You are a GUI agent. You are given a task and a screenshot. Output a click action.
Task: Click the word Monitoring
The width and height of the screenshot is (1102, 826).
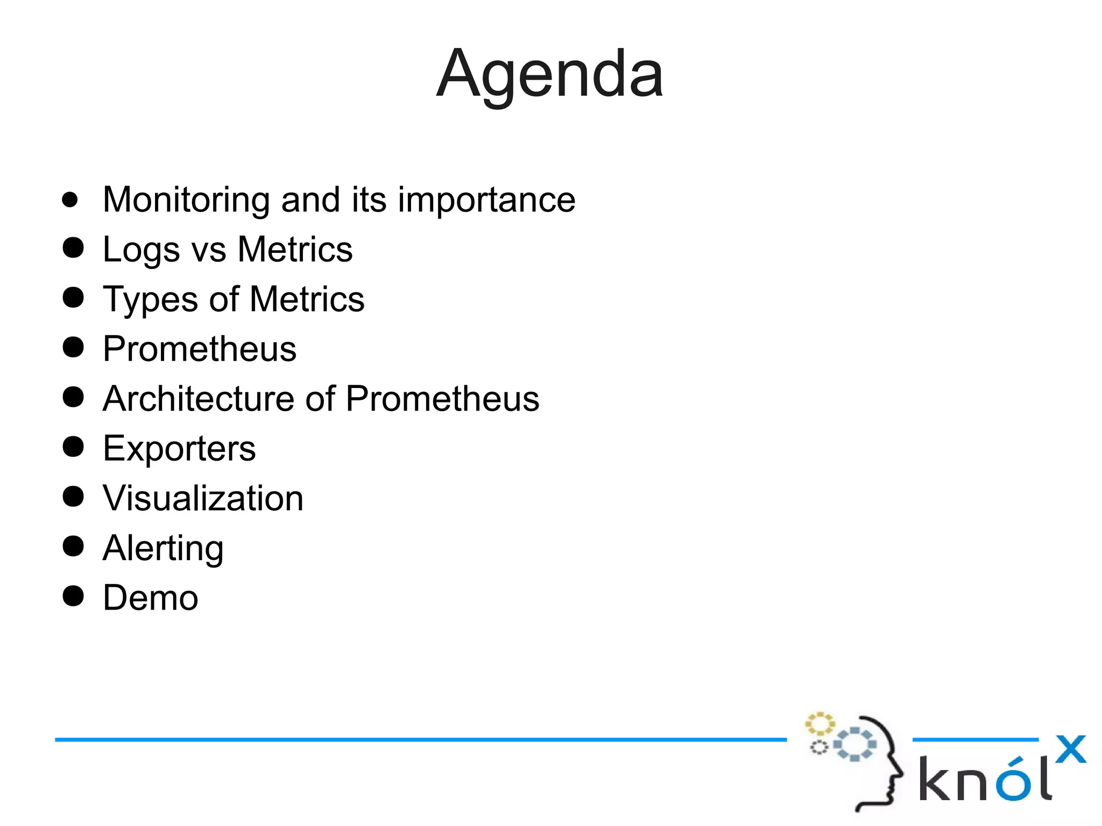[186, 200]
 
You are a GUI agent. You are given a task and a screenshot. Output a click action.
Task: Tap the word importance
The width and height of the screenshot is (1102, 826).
[486, 200]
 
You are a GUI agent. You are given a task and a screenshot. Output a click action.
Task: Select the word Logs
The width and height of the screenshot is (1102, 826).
[141, 250]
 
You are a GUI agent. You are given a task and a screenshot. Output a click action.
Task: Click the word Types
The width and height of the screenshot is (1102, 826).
[150, 300]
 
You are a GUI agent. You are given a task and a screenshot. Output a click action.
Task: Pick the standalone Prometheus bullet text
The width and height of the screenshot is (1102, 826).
[199, 349]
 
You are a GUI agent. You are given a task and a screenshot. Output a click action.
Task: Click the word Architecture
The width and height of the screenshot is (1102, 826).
[198, 399]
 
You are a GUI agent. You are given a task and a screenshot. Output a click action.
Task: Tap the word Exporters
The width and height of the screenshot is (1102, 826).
[179, 449]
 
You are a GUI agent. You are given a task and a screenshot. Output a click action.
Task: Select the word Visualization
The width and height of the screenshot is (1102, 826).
[203, 498]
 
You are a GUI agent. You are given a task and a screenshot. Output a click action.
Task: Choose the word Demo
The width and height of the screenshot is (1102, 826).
[151, 598]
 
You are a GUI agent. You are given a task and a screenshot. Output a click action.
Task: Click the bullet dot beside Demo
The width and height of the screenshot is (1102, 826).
[73, 596]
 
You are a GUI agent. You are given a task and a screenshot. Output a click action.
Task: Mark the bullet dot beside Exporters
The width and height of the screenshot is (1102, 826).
[73, 447]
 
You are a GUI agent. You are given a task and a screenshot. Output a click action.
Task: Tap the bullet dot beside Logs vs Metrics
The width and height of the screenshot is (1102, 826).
[73, 248]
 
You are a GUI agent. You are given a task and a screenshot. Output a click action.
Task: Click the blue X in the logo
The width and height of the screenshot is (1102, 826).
[1070, 749]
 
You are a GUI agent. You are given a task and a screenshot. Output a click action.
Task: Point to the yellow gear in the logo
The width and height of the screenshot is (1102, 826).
[820, 724]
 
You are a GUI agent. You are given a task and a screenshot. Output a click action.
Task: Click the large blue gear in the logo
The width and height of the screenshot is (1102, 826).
[854, 744]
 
